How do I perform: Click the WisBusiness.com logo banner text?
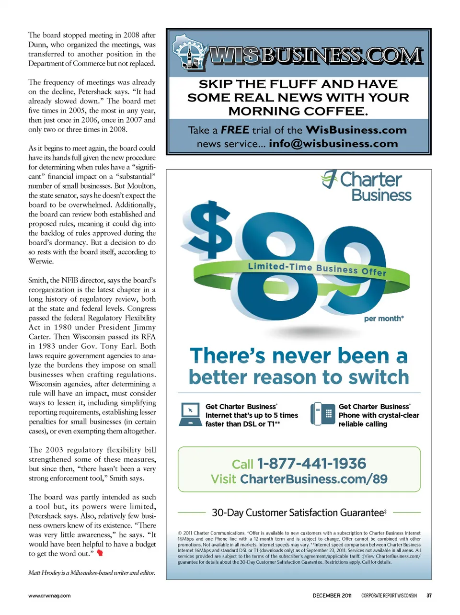click(316, 56)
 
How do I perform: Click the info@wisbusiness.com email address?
click(333, 144)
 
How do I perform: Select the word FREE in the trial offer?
click(235, 130)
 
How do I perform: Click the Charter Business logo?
click(367, 186)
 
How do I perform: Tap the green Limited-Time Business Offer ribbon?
click(317, 269)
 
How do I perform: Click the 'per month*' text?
click(384, 319)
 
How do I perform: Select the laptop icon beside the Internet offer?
click(190, 414)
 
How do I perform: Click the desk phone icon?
click(322, 414)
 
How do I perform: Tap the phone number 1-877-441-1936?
click(311, 464)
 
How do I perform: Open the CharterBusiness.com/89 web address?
click(314, 479)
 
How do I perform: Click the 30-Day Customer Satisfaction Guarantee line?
click(299, 512)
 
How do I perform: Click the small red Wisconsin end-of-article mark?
click(100, 553)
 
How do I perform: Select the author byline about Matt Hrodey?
click(92, 572)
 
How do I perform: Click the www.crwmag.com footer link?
click(49, 596)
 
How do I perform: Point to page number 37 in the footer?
click(429, 596)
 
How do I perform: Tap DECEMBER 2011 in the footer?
click(332, 596)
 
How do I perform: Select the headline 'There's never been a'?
click(299, 356)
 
